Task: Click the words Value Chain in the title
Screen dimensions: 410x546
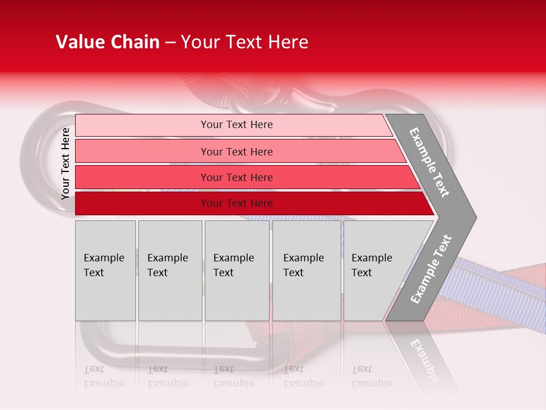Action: (x=107, y=42)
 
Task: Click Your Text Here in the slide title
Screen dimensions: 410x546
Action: (x=245, y=42)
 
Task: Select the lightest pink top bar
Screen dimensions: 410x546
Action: (x=142, y=125)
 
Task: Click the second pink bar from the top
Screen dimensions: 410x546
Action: (x=142, y=151)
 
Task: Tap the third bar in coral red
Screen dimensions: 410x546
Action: (x=142, y=177)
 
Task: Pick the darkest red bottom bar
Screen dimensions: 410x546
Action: (x=142, y=203)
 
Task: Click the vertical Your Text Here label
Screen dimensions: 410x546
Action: (x=66, y=163)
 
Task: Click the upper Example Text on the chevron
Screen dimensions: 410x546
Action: (x=429, y=162)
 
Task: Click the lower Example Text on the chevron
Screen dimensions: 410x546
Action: (x=431, y=269)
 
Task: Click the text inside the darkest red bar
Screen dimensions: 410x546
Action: (x=237, y=203)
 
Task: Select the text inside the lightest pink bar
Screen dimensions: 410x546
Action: (x=237, y=125)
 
